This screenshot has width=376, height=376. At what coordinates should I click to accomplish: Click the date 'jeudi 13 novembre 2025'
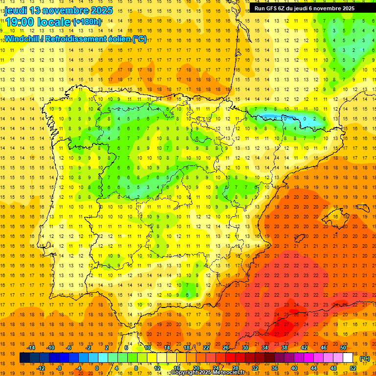[x=59, y=10]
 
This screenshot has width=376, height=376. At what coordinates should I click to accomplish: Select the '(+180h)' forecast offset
[x=87, y=22]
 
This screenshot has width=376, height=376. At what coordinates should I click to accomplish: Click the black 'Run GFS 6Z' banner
[x=310, y=8]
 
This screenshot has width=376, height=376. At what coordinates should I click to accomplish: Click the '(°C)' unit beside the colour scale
[x=364, y=358]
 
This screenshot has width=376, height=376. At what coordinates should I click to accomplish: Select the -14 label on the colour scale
[x=31, y=348]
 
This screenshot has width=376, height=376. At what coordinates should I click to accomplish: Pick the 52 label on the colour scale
[x=353, y=368]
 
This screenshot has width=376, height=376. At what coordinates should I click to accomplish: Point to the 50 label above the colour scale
[x=343, y=348]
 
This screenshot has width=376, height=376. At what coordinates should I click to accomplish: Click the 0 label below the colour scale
[x=97, y=368]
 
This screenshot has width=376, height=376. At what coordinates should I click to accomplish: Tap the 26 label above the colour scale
[x=226, y=348]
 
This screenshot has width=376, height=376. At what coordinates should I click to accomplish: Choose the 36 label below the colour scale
[x=275, y=368]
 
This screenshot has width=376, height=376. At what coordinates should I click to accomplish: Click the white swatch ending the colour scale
[x=348, y=358]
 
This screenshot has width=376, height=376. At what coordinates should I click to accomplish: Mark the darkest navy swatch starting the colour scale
[x=24, y=358]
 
